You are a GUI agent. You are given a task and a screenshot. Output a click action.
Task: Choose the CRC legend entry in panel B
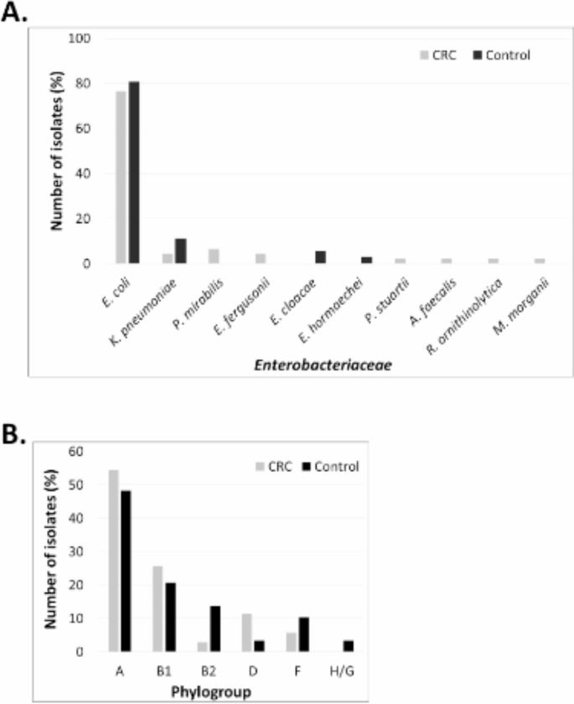click(273, 466)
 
